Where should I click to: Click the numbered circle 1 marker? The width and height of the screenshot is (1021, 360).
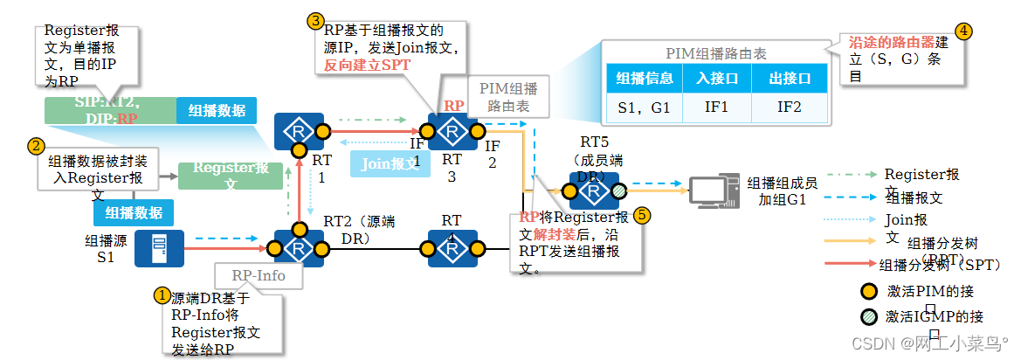click(x=162, y=295)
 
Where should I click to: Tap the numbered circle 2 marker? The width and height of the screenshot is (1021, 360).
click(x=36, y=146)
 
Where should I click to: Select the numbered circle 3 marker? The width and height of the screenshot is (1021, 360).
click(x=315, y=18)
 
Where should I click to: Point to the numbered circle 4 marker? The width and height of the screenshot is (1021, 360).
click(x=964, y=30)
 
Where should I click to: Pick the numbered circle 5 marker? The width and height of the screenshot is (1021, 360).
click(x=642, y=215)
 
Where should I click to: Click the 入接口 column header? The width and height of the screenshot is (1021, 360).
click(x=716, y=78)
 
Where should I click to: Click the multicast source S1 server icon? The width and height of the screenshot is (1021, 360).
click(x=159, y=248)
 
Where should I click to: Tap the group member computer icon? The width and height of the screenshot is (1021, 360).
click(x=713, y=190)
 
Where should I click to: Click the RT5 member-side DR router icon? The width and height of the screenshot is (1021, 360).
click(x=594, y=190)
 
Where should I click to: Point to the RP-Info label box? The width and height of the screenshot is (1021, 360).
click(x=259, y=276)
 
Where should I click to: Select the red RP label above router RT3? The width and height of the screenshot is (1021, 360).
click(x=454, y=106)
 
